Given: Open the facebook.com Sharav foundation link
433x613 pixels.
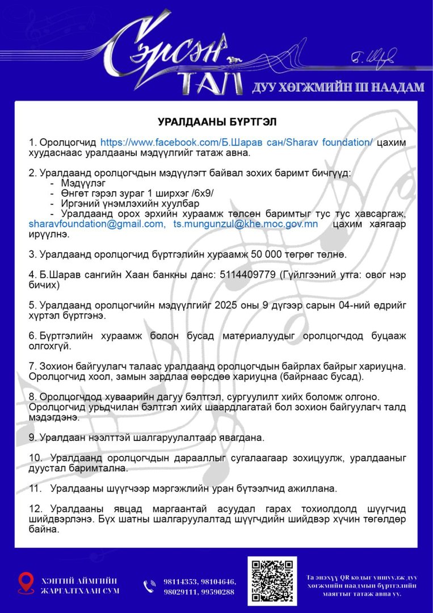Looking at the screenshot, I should [x=237, y=142].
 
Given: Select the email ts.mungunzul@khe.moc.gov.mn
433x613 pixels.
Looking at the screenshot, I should [x=245, y=224].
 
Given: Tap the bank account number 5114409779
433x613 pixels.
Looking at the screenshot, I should [x=245, y=274].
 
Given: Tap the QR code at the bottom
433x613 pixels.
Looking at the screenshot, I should [x=272, y=580].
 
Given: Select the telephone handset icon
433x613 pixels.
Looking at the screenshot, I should [x=150, y=586].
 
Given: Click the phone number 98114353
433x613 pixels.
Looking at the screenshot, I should [x=180, y=582].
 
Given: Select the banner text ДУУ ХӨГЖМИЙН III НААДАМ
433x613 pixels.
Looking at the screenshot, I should [x=338, y=86].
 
